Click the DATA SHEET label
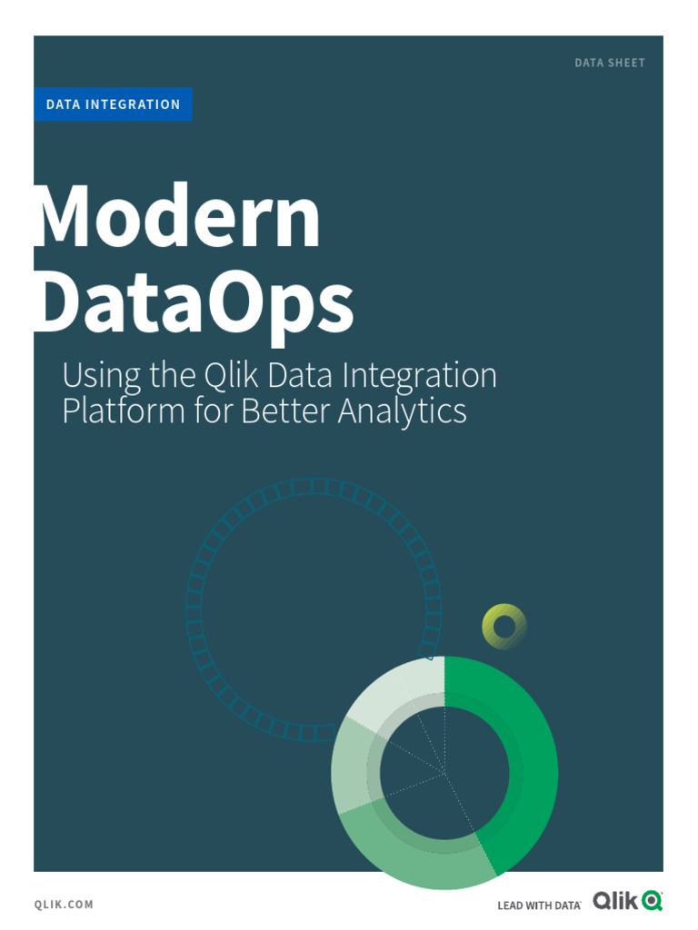pyautogui.click(x=610, y=64)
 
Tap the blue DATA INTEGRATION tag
pyautogui.click(x=114, y=104)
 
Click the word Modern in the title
pyautogui.click(x=177, y=217)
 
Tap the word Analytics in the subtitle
pyautogui.click(x=403, y=411)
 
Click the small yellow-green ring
pyautogui.click(x=504, y=626)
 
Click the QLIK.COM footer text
pyautogui.click(x=64, y=905)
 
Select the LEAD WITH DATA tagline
pyautogui.click(x=539, y=905)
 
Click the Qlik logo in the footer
pyautogui.click(x=627, y=901)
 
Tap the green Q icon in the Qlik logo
pyautogui.click(x=652, y=902)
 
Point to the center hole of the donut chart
pyautogui.click(x=445, y=772)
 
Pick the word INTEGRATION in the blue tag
pyautogui.click(x=134, y=104)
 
